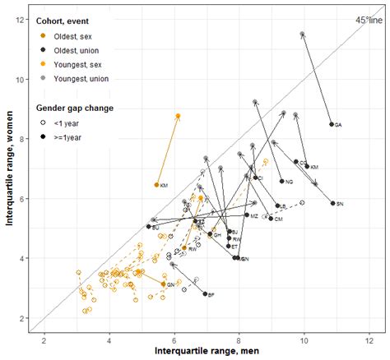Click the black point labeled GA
coord(332,124)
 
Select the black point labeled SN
coord(333,203)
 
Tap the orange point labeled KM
coord(157,185)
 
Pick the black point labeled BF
coord(205,293)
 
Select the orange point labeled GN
coord(163,284)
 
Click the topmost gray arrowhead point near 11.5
coord(303,35)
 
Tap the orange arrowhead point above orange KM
coord(178,117)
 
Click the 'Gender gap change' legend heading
coord(74,108)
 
